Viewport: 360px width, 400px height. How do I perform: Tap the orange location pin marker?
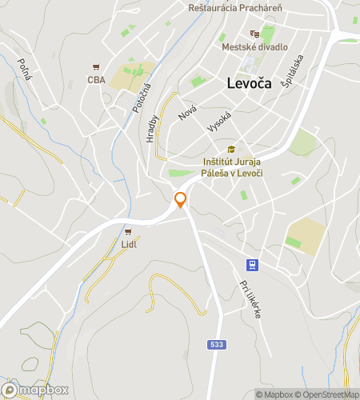click(x=181, y=200)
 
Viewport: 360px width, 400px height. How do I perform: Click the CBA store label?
click(x=97, y=79)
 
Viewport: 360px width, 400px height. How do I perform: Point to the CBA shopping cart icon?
click(x=97, y=67)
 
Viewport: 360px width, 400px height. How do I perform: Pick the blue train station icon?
click(x=252, y=264)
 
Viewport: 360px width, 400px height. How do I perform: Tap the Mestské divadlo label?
click(x=255, y=46)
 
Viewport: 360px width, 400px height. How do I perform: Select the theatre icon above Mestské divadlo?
click(x=254, y=34)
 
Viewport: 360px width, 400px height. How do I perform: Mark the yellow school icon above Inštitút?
click(x=232, y=149)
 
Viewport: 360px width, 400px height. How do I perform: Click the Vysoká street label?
click(x=218, y=122)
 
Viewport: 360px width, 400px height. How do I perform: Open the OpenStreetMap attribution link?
click(x=329, y=394)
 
